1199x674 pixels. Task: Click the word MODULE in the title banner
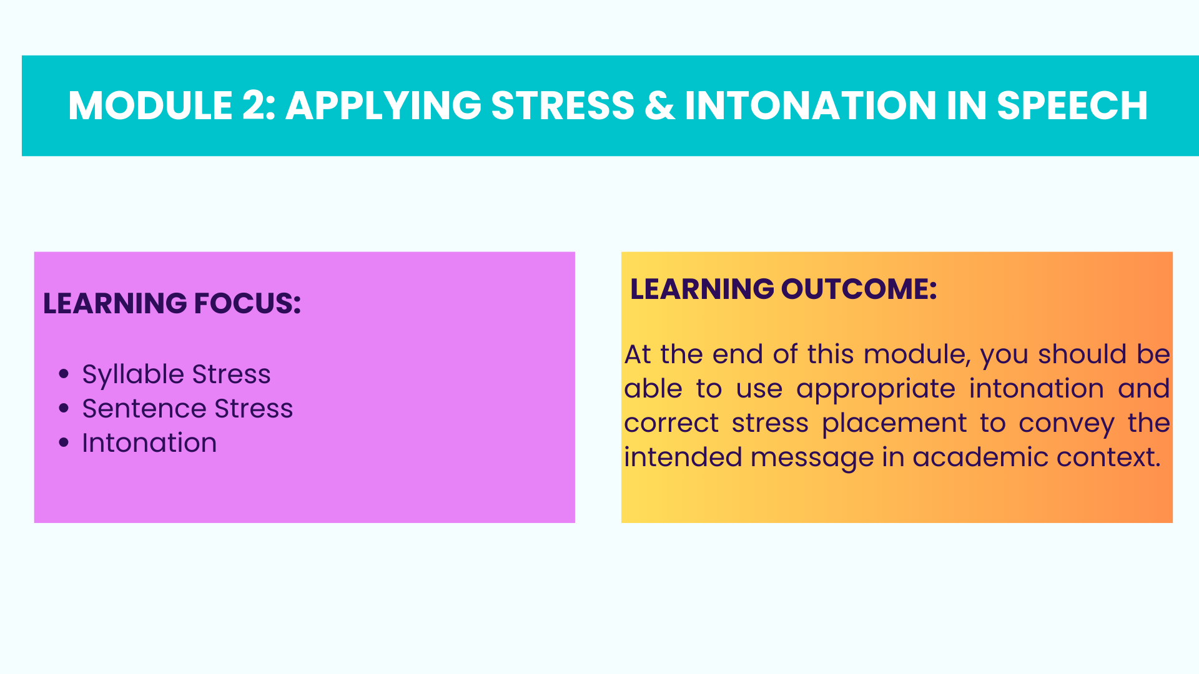click(150, 105)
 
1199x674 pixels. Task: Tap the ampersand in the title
click(659, 105)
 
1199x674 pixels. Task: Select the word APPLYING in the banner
click(383, 105)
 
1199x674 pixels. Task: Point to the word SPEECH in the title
click(1072, 105)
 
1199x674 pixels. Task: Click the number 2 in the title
click(254, 105)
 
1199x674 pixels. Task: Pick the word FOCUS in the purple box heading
click(248, 303)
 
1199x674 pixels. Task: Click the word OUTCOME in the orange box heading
click(859, 289)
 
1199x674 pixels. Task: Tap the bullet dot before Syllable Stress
click(64, 374)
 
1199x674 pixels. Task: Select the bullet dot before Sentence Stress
click(64, 409)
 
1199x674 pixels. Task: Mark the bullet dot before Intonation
click(64, 443)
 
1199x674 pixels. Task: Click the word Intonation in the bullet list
click(149, 443)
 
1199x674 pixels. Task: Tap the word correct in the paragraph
click(671, 424)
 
